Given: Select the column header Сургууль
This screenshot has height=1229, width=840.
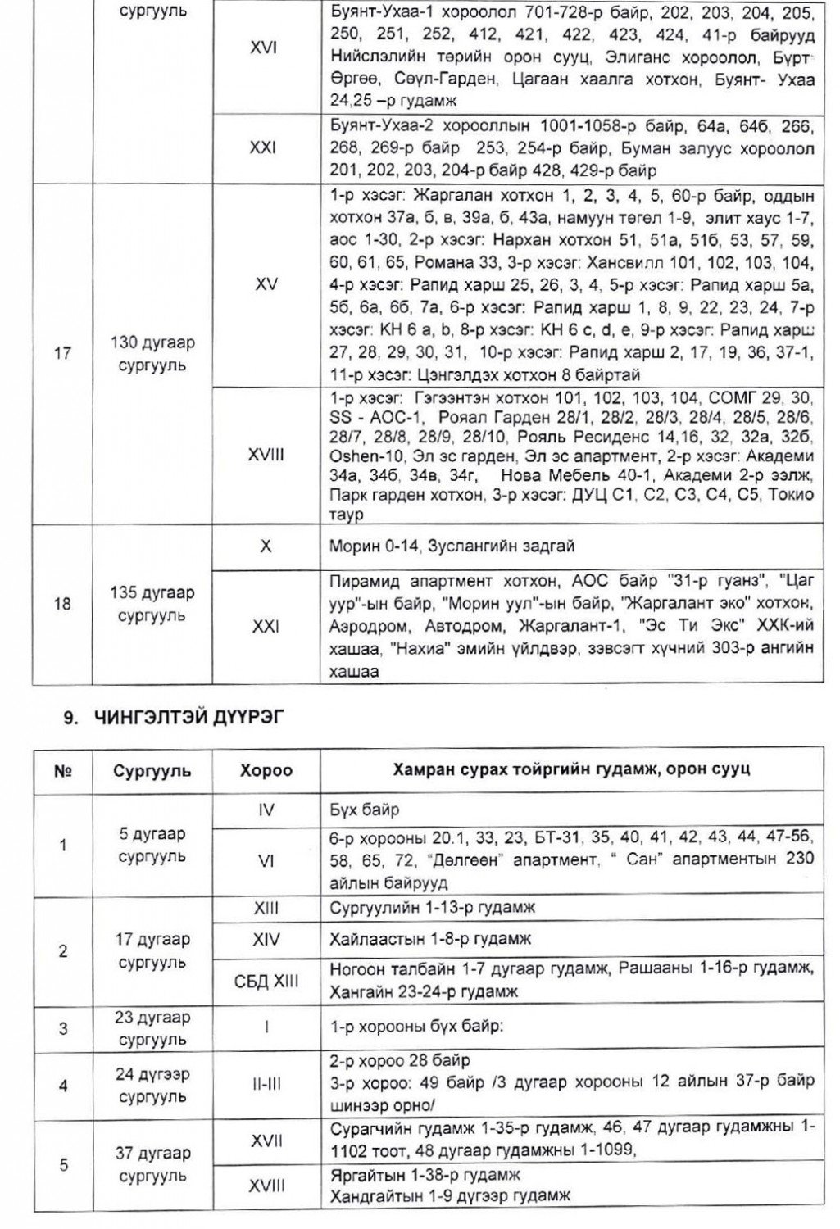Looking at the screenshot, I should (x=152, y=771).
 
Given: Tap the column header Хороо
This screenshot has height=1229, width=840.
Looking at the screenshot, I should (x=266, y=771).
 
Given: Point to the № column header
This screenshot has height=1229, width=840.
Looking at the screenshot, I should (x=64, y=771).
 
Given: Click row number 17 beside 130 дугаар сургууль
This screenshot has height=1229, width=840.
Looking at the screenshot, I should (x=62, y=355).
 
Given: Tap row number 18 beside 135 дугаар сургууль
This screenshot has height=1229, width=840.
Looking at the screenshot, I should (x=62, y=605).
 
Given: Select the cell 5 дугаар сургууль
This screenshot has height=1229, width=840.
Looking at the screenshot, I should (x=152, y=845).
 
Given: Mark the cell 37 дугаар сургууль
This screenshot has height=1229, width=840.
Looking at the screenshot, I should (x=152, y=1164).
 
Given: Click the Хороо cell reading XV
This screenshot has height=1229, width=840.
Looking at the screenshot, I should (x=265, y=283).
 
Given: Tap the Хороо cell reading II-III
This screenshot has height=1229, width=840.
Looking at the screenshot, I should (x=265, y=1085).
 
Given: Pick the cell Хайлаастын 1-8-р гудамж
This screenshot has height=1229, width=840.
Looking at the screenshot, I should (x=424, y=938).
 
